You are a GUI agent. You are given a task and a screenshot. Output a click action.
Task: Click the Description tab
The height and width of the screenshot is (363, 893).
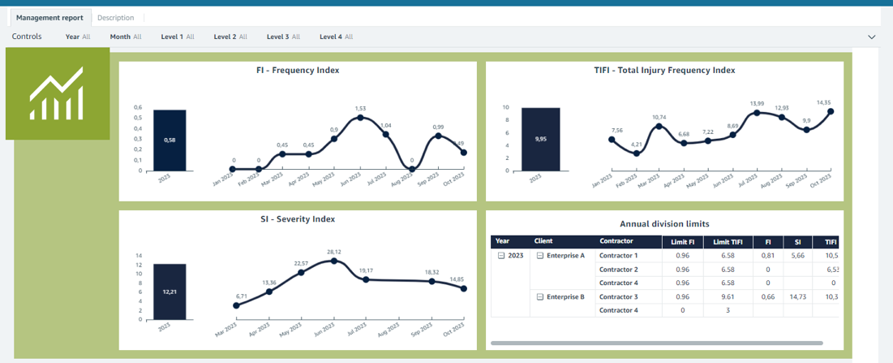116,17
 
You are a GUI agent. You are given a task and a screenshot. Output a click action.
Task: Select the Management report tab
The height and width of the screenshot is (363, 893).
49,17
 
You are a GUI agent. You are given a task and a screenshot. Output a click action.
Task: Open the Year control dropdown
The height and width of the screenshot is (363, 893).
78,37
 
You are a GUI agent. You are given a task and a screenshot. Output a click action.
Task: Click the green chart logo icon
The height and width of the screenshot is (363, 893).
57,93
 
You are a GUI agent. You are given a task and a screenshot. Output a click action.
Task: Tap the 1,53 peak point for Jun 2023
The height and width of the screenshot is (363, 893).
359,118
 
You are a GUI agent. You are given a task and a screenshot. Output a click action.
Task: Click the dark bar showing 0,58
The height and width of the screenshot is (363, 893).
170,140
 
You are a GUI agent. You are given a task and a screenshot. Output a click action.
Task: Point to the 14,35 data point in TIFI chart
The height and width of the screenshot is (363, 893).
831,111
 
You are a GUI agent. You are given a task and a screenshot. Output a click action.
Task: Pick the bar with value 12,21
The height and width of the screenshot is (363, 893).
170,290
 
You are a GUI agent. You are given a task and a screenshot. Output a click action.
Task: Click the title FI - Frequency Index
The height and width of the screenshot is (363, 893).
298,71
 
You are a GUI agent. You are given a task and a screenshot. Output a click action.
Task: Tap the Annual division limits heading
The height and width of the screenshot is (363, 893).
664,223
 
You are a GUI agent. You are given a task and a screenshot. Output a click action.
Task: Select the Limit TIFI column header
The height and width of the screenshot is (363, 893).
728,241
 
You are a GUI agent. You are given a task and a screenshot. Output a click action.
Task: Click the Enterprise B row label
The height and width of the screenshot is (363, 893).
565,296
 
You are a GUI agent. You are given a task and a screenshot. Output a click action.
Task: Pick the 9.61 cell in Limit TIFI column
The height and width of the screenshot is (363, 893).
728,296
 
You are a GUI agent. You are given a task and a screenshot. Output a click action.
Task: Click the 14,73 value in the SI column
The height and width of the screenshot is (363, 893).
797,296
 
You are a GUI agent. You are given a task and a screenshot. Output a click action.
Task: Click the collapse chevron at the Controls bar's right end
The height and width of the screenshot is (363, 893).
872,37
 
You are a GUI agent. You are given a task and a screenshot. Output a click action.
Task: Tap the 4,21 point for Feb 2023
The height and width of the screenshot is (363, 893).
637,153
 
